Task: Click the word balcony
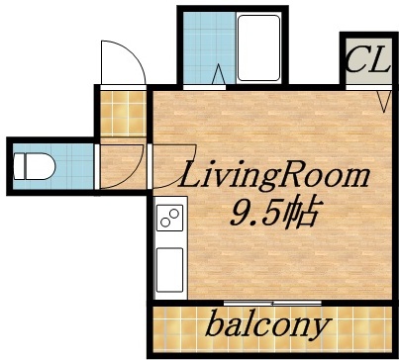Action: [x=268, y=325]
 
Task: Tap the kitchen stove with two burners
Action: [x=169, y=217]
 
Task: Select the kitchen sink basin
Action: [x=169, y=266]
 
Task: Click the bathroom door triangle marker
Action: [x=219, y=74]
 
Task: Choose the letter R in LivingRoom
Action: [x=298, y=179]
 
